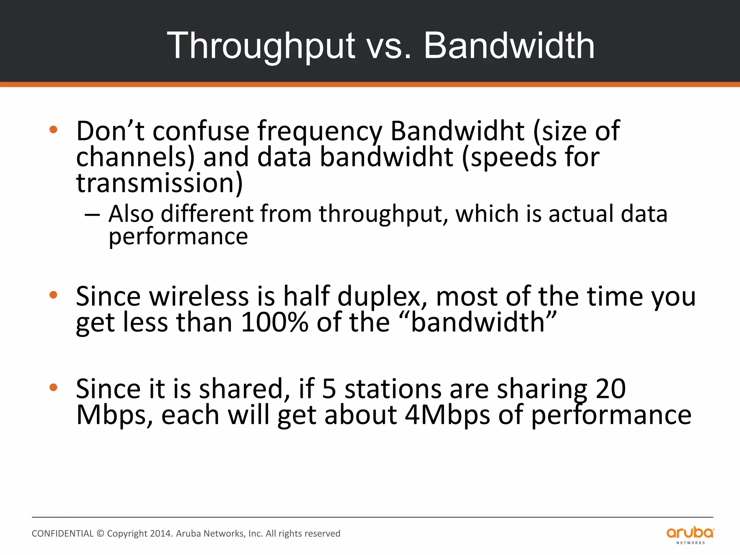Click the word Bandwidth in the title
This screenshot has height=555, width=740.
[509, 46]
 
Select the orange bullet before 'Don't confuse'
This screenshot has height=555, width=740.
[53, 129]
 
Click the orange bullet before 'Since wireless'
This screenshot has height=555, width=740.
[53, 295]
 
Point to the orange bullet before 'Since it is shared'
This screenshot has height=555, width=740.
[53, 388]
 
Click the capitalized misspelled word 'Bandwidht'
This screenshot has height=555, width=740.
[457, 131]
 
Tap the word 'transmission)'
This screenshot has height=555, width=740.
[159, 183]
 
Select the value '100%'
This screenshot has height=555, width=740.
[274, 322]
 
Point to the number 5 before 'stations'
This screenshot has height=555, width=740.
[329, 389]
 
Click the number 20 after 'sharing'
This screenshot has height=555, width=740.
[611, 389]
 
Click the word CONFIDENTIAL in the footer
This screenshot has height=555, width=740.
[63, 534]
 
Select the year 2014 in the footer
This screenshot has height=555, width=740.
[161, 534]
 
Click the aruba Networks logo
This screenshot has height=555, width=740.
[690, 535]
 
